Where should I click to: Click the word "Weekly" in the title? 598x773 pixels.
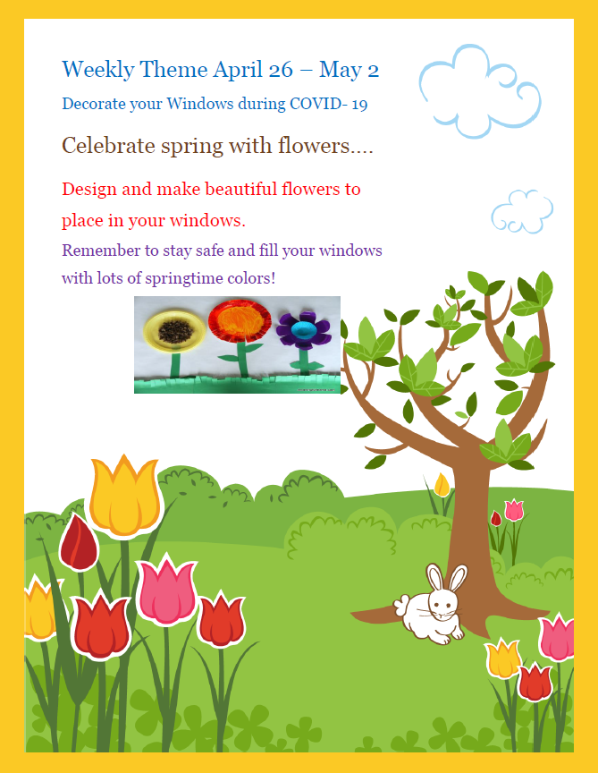coord(98,70)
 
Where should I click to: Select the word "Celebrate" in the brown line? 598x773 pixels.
coord(108,146)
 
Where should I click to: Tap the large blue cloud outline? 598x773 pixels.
coord(480,91)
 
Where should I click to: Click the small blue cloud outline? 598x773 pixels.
coord(522,211)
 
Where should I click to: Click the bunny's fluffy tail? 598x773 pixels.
coord(401,606)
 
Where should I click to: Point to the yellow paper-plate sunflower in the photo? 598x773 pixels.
coord(174,330)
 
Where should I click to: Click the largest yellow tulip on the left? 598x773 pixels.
coord(125,496)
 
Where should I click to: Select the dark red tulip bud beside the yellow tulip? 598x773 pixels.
coord(79,541)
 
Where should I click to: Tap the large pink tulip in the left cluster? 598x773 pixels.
coord(166,590)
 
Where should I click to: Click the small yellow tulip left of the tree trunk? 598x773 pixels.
coord(442,485)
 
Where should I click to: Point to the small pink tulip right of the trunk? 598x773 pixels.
coord(514,510)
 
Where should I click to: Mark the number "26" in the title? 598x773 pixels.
coord(281,70)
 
